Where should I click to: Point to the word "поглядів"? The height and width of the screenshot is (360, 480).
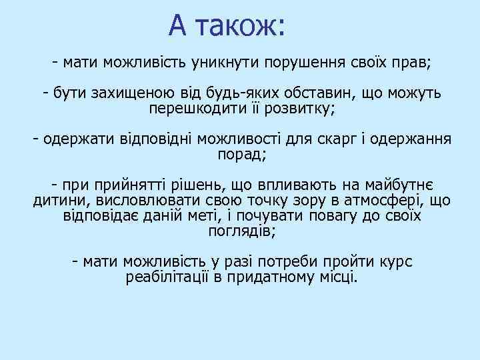(x=241, y=230)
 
